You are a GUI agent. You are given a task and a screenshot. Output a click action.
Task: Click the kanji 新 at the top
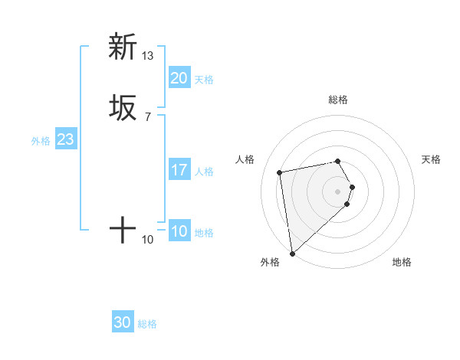(x=123, y=47)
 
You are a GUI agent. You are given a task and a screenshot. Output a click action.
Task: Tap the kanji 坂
(x=123, y=107)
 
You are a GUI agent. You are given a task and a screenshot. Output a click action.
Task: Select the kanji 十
(x=123, y=229)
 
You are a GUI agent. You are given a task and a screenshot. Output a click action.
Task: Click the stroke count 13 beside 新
(x=148, y=56)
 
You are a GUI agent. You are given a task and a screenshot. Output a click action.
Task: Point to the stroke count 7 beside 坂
(x=148, y=117)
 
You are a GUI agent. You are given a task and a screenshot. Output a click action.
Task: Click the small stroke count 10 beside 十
(x=148, y=240)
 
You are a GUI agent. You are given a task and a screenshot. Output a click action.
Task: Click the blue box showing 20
(x=179, y=78)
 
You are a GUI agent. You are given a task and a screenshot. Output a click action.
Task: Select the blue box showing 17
(x=179, y=170)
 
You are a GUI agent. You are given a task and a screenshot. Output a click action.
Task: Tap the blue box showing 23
(x=65, y=139)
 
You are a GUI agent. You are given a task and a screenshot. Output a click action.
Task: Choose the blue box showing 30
(x=123, y=322)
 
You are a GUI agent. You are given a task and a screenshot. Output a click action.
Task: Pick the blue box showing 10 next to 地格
(x=179, y=231)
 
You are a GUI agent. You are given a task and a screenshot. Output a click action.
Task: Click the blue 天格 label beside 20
(x=204, y=80)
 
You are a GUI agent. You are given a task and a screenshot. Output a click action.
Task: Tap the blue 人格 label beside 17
(x=204, y=172)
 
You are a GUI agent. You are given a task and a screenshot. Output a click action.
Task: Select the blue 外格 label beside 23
(x=41, y=141)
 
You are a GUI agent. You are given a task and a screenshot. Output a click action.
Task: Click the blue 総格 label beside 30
(x=147, y=324)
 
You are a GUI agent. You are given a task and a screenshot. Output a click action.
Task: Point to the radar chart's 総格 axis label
(x=338, y=100)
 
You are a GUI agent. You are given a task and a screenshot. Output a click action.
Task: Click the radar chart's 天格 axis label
(x=431, y=159)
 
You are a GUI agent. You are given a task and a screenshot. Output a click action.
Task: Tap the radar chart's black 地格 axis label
(x=402, y=262)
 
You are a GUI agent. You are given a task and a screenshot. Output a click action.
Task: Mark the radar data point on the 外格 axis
(x=291, y=253)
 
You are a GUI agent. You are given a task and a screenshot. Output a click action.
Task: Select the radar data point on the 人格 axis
(x=280, y=172)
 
